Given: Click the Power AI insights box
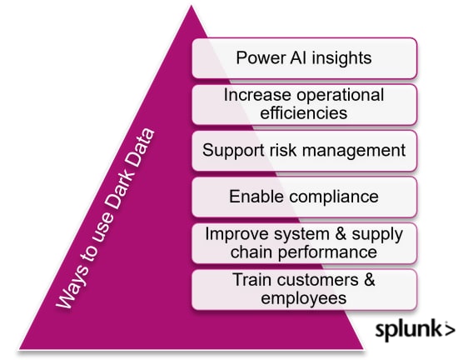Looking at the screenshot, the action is click(304, 58).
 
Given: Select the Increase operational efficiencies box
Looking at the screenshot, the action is click(304, 104).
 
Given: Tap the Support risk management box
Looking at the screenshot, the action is click(304, 151).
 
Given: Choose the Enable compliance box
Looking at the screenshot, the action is click(304, 197).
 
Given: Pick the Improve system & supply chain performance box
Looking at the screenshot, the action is click(304, 243).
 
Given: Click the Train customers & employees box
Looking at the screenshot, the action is click(304, 289).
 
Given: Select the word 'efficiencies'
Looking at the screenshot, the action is click(304, 112).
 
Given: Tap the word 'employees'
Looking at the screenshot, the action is click(304, 298).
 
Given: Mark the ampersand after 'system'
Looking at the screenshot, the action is click(341, 234).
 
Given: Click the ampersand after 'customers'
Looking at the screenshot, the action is click(369, 280).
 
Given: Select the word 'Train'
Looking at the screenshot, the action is click(251, 279).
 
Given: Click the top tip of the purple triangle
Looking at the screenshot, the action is click(192, 5).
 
